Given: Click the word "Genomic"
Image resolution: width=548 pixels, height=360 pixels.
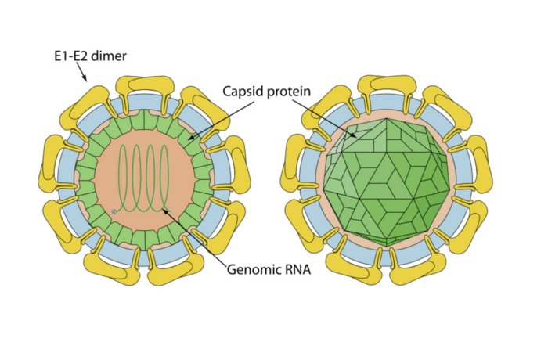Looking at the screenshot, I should [x=252, y=270].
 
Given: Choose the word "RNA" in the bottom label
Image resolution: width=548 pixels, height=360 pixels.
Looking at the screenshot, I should [x=297, y=270].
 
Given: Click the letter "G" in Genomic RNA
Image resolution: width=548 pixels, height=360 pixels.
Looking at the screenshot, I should [x=233, y=270].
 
